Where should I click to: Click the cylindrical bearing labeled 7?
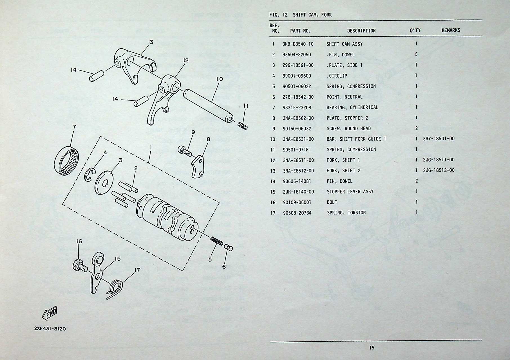tap(68, 161)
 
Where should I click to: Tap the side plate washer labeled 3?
tap(104, 183)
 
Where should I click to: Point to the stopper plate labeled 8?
tap(199, 166)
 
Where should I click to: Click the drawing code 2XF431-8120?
tap(50, 328)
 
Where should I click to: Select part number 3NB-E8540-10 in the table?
tap(298, 44)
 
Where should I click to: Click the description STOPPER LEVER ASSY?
tap(350, 192)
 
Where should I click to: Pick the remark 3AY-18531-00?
tap(439, 139)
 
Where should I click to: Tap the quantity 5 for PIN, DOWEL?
tap(416, 54)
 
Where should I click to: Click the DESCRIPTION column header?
tap(361, 31)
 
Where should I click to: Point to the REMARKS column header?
tap(451, 30)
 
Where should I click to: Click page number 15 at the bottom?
tap(372, 348)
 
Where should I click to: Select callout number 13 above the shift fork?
tap(151, 42)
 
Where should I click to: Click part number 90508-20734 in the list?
tap(297, 213)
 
